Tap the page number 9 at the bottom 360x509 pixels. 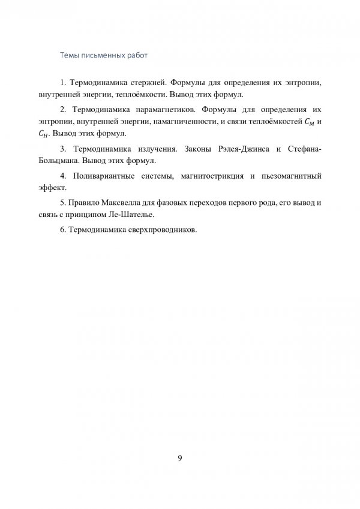[180, 459]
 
